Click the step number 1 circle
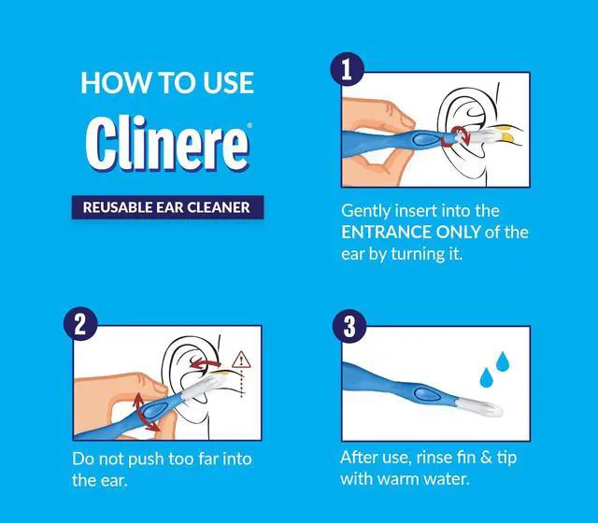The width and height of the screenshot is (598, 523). coord(347,69)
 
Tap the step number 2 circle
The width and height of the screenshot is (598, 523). coord(80,324)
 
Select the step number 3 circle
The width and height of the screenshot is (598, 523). coord(349,326)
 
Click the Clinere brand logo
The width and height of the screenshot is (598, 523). coord(168,143)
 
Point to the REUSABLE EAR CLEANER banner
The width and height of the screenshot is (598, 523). coord(167,207)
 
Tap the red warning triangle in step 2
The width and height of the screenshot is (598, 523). coord(241,360)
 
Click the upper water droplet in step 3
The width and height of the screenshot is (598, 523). coord(503,361)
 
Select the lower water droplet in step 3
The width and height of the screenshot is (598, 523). coord(486,377)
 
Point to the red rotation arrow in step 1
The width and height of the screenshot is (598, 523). coord(456,136)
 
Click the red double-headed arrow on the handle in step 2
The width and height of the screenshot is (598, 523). coord(146,412)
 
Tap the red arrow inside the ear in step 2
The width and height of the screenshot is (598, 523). coord(206,363)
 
